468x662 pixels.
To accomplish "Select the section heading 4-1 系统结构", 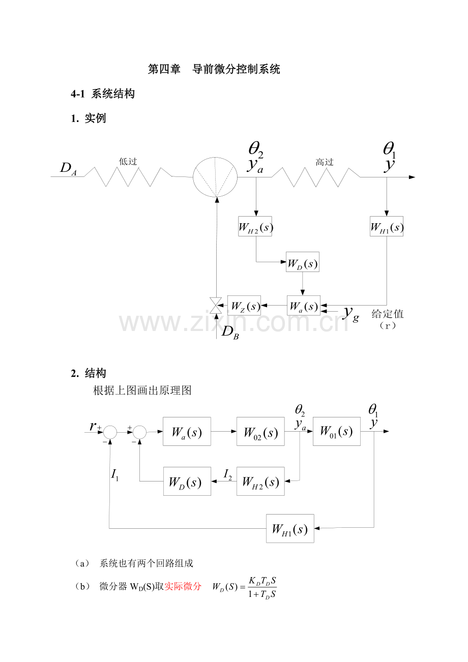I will click(x=103, y=94).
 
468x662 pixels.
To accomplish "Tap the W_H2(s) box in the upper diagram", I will click(x=255, y=226).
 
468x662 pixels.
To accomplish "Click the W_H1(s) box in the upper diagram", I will click(x=387, y=226).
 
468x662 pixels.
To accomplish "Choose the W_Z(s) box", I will click(x=244, y=306).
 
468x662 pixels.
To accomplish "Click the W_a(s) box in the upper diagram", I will click(x=304, y=306).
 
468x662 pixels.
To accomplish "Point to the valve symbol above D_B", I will click(x=216, y=306).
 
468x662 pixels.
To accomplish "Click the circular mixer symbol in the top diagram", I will click(x=215, y=177).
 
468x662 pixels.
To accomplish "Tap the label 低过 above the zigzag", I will click(x=128, y=162).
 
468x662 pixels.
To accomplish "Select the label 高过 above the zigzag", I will click(x=325, y=162).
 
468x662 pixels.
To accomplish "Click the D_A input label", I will click(x=68, y=169).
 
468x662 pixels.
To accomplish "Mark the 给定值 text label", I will click(x=388, y=314).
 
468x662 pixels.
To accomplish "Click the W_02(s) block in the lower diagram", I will click(x=260, y=432).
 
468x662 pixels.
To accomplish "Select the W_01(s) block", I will click(x=336, y=431).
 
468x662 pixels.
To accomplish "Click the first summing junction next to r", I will click(x=110, y=432).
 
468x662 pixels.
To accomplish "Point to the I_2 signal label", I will click(x=228, y=475).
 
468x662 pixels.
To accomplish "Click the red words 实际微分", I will click(x=183, y=586).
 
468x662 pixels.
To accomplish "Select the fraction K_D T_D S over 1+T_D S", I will click(x=262, y=587).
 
